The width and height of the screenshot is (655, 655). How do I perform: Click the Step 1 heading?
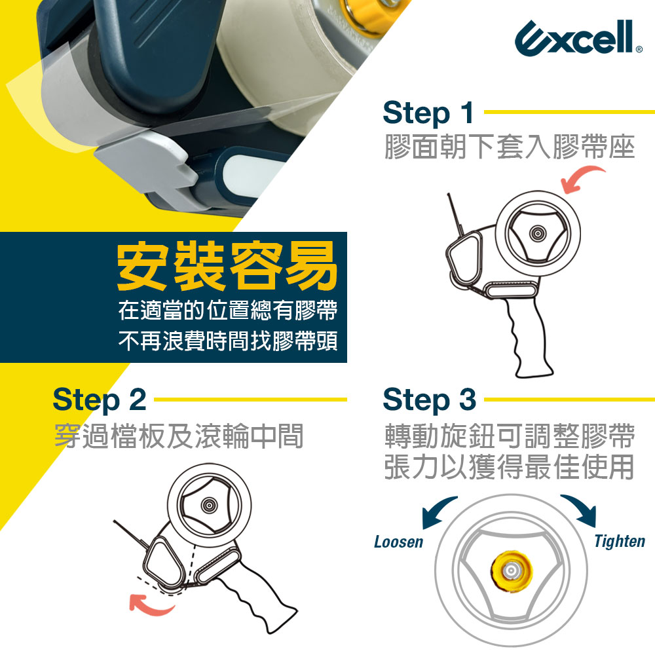(x=428, y=113)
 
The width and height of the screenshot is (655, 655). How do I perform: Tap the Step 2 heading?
(x=100, y=400)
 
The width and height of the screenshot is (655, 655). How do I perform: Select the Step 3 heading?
(x=430, y=400)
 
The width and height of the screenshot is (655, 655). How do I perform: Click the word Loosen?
(x=398, y=542)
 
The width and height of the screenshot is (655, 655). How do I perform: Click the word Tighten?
(x=620, y=542)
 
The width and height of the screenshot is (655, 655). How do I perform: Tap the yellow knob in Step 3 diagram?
(x=512, y=571)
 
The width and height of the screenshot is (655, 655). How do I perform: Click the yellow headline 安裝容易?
(x=227, y=266)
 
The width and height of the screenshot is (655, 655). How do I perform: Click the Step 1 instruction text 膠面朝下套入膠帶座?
(x=510, y=147)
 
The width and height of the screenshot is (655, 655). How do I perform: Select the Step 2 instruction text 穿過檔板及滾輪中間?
(x=179, y=436)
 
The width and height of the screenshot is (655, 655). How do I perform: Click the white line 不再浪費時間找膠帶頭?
(x=228, y=341)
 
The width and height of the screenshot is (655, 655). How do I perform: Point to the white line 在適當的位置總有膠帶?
(x=228, y=310)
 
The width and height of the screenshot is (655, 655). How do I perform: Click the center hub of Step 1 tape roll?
(x=538, y=233)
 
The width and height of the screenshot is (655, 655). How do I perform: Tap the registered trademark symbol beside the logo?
(x=639, y=49)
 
